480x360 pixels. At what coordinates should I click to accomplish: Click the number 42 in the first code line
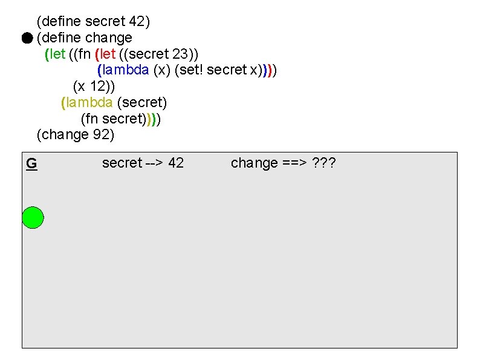tap(136, 22)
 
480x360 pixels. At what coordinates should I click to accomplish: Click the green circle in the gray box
tap(33, 217)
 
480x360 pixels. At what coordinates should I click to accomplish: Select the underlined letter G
tap(31, 163)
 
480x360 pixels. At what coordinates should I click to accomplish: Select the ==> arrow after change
tap(295, 163)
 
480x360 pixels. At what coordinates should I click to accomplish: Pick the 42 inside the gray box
tap(176, 163)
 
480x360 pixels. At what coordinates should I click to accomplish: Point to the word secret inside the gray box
tap(122, 163)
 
